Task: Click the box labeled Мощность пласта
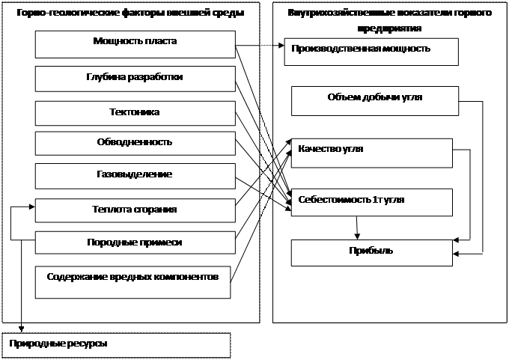[x=135, y=45]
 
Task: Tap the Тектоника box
[x=135, y=113]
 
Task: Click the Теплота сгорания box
[x=135, y=210]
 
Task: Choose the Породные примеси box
[x=135, y=242]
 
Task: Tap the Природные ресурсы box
[x=116, y=344]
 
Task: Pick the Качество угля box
[x=372, y=153]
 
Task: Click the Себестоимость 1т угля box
[x=372, y=202]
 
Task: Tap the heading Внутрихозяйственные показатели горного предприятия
[x=389, y=21]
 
